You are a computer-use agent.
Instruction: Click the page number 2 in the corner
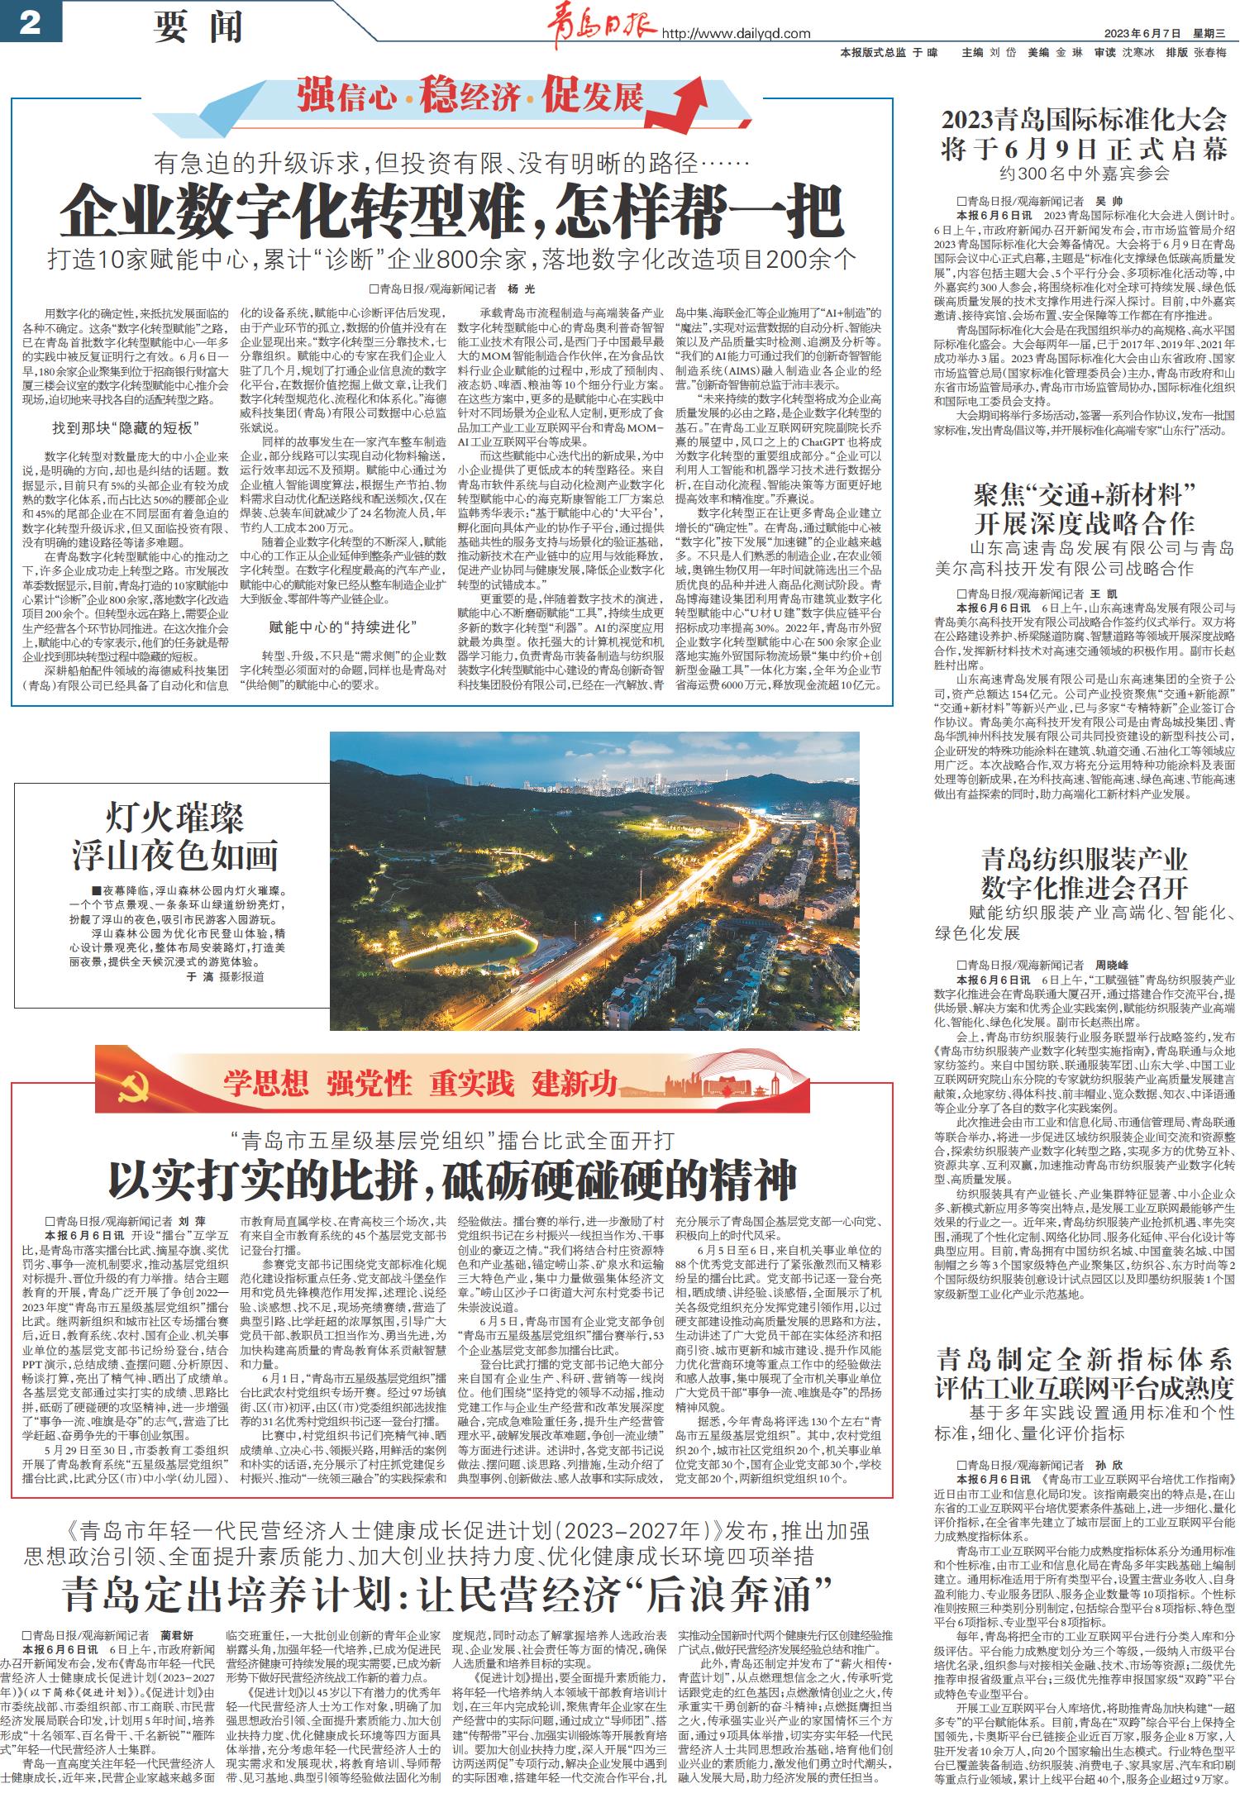(30, 23)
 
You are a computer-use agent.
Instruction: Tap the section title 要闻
(198, 27)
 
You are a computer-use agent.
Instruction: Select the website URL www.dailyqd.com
(736, 34)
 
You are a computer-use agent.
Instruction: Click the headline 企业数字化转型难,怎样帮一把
(451, 212)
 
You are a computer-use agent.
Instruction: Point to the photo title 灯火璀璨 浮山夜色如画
(174, 837)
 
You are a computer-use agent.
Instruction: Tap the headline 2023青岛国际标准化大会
(1084, 120)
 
